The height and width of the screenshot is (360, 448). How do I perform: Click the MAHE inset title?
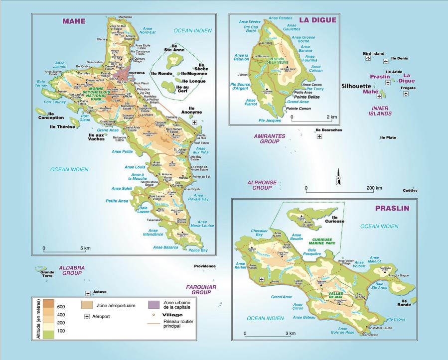click(x=74, y=21)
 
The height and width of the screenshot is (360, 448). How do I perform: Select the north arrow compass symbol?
click(x=337, y=175)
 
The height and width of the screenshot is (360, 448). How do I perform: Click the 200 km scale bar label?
click(x=374, y=188)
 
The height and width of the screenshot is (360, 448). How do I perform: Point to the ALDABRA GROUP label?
click(x=72, y=270)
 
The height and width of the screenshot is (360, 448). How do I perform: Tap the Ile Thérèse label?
click(x=62, y=126)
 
